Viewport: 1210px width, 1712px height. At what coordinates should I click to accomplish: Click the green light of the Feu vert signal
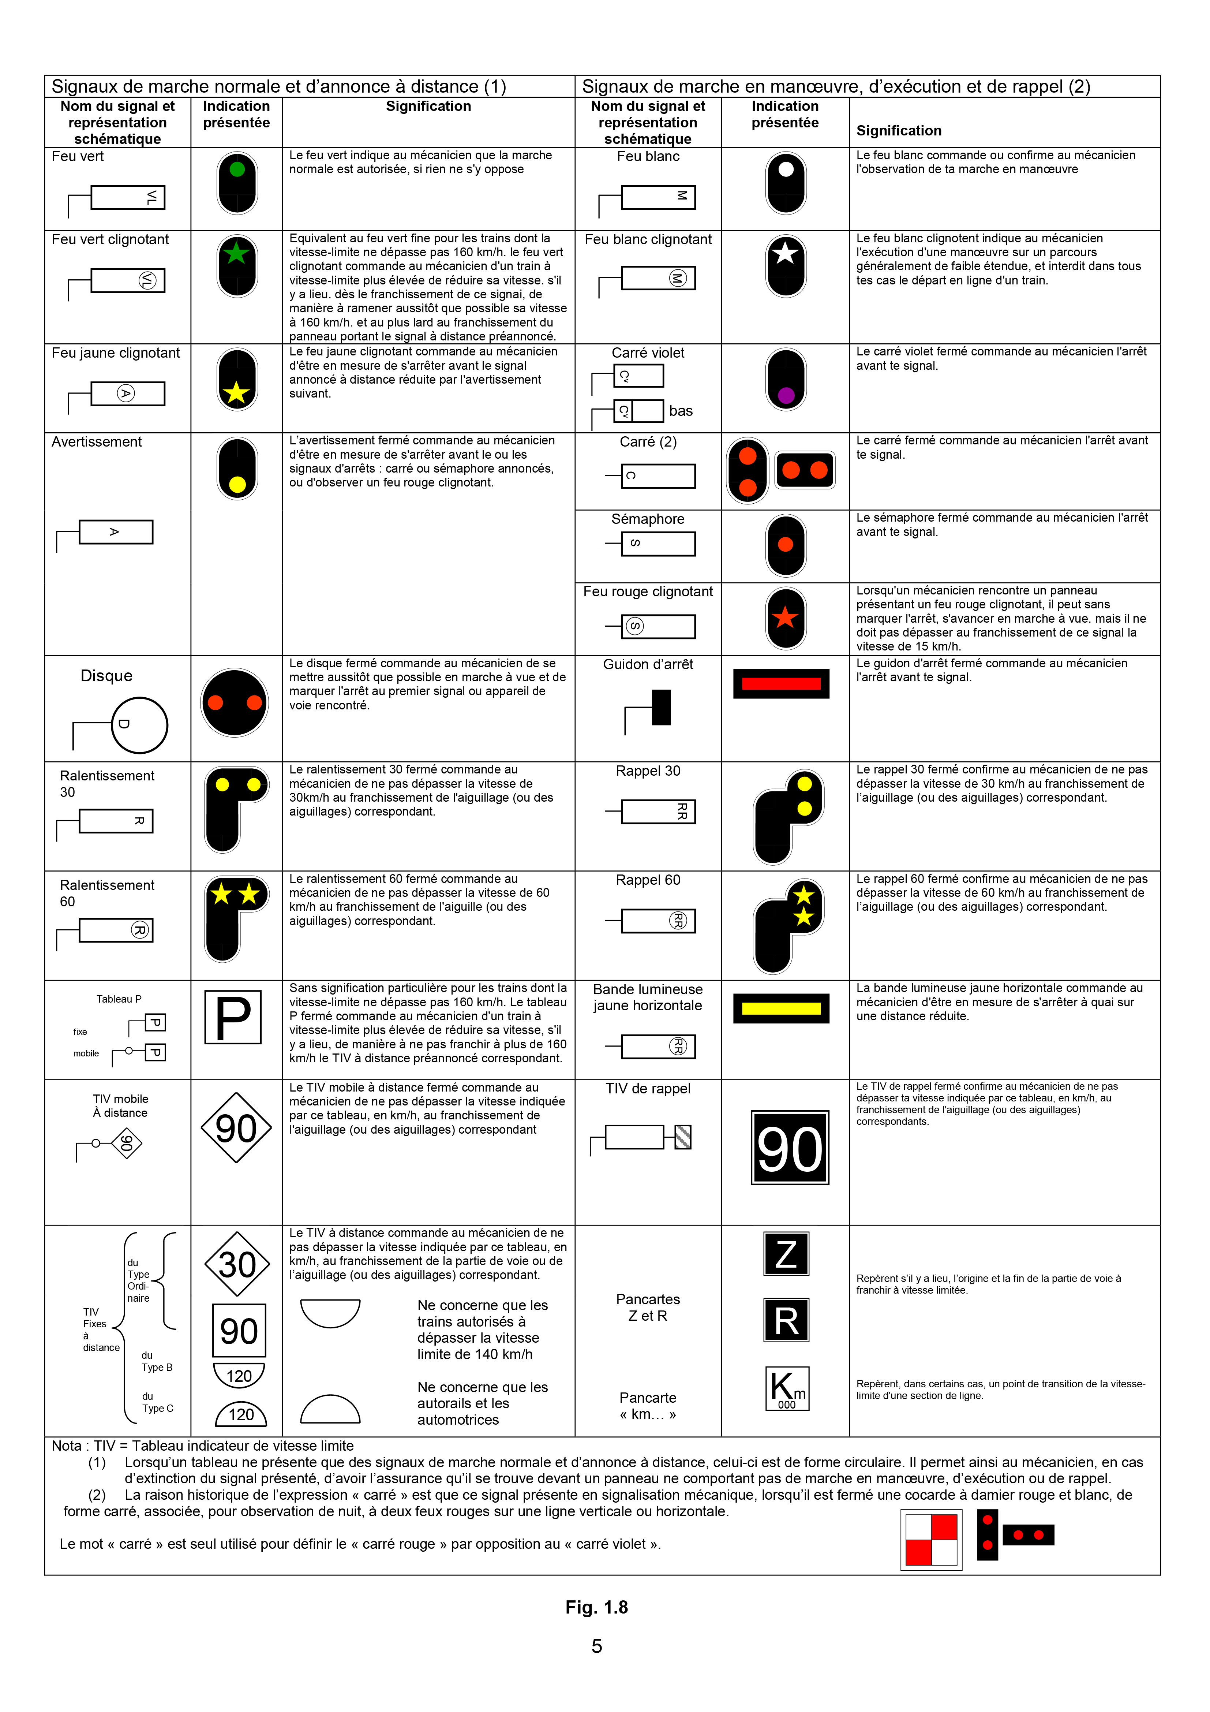tap(237, 169)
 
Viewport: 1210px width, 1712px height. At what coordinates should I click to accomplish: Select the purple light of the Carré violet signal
tap(786, 395)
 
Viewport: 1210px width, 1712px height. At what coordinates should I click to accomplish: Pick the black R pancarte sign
tap(787, 1320)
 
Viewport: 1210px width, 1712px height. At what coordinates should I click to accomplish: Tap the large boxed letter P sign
tap(233, 1017)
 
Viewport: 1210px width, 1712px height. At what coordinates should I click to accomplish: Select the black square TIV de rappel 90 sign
tap(790, 1148)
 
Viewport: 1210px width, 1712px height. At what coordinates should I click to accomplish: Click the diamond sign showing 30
tap(238, 1265)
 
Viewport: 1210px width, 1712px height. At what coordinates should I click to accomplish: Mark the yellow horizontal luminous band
tap(781, 1009)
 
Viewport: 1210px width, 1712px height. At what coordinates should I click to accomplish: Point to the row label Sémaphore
tap(648, 519)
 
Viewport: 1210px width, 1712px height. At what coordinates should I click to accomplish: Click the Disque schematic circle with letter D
tap(139, 725)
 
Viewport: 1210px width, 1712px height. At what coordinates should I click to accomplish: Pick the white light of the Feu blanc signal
tap(786, 169)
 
